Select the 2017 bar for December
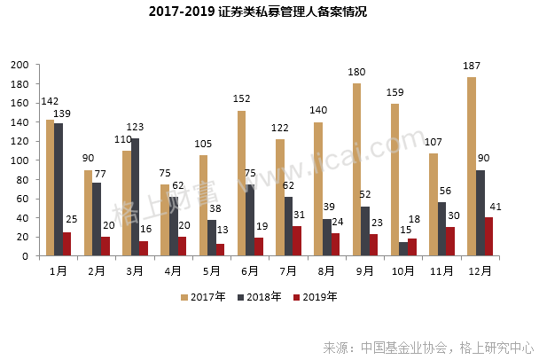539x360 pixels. pyautogui.click(x=472, y=167)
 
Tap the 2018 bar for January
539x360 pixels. pyautogui.click(x=59, y=190)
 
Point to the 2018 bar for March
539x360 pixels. pyautogui.click(x=135, y=197)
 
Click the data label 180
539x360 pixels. pyautogui.click(x=356, y=73)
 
